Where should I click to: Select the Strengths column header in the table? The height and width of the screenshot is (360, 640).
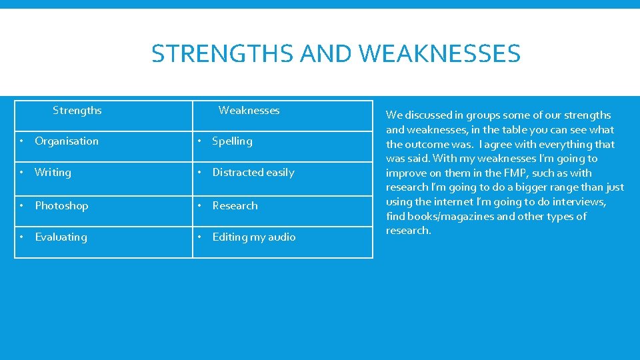coord(77,110)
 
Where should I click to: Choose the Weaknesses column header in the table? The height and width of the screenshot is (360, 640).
coord(249,110)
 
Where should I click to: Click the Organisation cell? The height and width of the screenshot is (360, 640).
coord(66,141)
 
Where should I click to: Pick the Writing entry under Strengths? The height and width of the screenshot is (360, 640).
coord(53,172)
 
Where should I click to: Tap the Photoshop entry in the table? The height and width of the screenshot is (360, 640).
coord(61,205)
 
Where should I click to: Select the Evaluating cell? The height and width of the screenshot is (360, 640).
coord(61,237)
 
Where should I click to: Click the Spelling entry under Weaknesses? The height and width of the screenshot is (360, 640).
coord(232,141)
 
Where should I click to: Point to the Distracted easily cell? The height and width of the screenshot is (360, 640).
coord(253,172)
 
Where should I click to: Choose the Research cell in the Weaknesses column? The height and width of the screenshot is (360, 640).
coord(235,205)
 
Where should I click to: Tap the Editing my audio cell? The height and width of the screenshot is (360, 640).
coord(253,237)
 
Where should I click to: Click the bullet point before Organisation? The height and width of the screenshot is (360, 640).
coord(22,141)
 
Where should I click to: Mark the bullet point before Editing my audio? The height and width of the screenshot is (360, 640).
coord(199,237)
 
